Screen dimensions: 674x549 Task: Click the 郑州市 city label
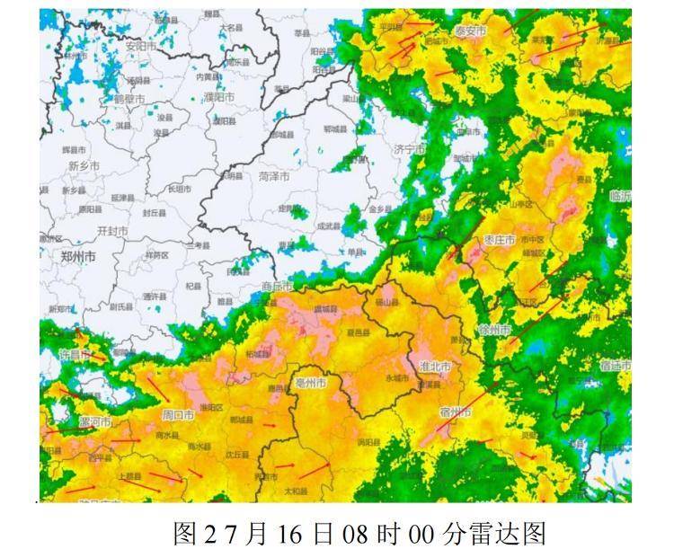pyautogui.click(x=78, y=256)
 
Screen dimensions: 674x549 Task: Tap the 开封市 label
pyautogui.click(x=112, y=231)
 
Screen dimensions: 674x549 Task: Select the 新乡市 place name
pyautogui.click(x=83, y=166)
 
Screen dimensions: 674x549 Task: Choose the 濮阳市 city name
pyautogui.click(x=217, y=96)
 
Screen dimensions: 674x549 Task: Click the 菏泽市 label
pyautogui.click(x=274, y=176)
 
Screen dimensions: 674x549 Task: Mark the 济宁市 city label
pyautogui.click(x=409, y=149)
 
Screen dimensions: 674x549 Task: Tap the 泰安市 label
pyautogui.click(x=468, y=31)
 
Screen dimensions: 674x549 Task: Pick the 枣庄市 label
pyautogui.click(x=500, y=240)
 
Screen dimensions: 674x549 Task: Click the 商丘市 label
pyautogui.click(x=278, y=287)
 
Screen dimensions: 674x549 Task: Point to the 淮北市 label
pyautogui.click(x=435, y=368)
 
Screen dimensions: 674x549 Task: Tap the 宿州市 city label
pyautogui.click(x=455, y=412)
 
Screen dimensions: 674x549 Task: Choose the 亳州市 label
pyautogui.click(x=311, y=384)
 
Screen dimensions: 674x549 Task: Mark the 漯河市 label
pyautogui.click(x=94, y=421)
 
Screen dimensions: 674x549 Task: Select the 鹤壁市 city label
pyautogui.click(x=129, y=98)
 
